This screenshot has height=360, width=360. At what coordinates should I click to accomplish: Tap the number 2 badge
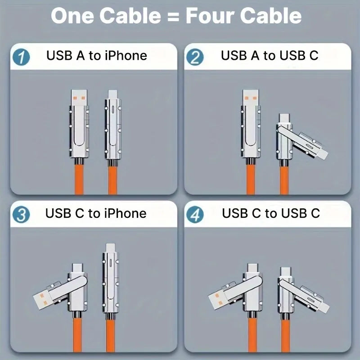[x=195, y=58]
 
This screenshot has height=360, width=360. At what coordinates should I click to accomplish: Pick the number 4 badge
[x=195, y=215]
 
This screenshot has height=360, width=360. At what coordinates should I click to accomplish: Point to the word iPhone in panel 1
[x=126, y=56]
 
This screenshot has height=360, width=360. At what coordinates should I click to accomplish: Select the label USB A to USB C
[x=270, y=56]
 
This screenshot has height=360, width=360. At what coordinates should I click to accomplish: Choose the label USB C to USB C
[x=271, y=213]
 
